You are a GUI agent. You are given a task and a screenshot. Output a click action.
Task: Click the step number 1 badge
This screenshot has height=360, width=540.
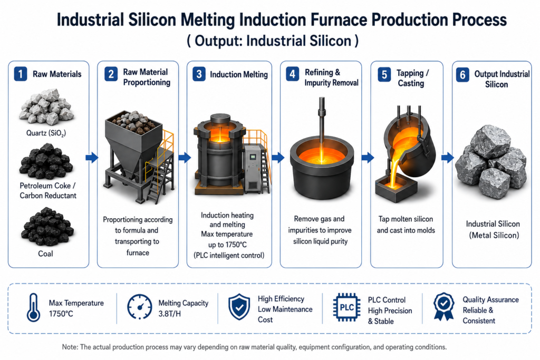(21, 74)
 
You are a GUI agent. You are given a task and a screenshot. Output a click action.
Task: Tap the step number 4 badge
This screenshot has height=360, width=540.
(292, 74)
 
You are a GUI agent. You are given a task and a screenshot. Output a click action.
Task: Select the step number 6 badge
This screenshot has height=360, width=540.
(462, 75)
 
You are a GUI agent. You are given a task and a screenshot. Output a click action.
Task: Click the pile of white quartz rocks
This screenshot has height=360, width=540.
(46, 106)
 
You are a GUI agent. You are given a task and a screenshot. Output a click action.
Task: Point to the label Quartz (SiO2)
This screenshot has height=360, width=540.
(46, 133)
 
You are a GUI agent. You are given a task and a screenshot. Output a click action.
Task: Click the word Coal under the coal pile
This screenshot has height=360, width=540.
(45, 254)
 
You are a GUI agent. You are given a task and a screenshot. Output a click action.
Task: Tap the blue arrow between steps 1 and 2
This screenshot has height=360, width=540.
(92, 158)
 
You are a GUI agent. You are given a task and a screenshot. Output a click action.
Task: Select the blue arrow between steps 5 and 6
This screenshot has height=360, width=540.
(448, 158)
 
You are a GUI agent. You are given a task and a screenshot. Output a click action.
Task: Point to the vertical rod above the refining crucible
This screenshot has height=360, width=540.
(322, 121)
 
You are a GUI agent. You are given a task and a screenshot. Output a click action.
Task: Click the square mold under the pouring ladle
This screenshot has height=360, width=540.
(396, 187)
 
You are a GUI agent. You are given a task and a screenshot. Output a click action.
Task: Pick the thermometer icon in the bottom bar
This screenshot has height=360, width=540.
(33, 307)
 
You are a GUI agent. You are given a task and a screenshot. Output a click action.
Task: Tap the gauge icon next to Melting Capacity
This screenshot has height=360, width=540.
(139, 307)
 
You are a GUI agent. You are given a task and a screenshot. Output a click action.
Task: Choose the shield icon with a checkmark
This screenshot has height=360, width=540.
(239, 307)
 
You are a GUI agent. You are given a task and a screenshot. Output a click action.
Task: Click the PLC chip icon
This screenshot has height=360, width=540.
(347, 307)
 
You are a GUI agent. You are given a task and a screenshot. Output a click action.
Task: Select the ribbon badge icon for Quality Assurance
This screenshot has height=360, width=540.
(443, 306)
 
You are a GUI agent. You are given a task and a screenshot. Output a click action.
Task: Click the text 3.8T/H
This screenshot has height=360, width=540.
(169, 314)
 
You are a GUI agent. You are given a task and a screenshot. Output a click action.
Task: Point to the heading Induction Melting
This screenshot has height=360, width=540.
(239, 75)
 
